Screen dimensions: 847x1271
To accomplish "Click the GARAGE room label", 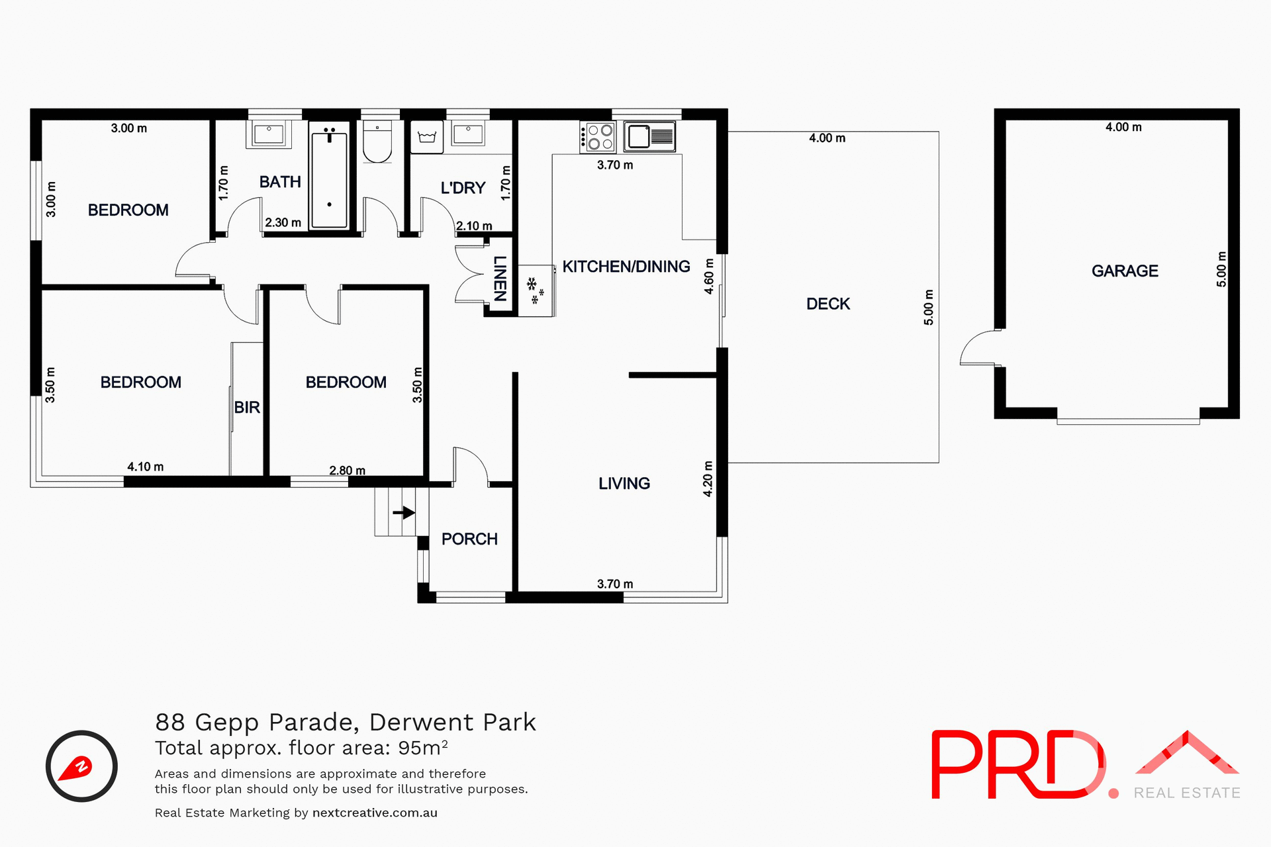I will pyautogui.click(x=1125, y=271).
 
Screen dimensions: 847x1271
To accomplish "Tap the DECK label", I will pyautogui.click(x=827, y=304).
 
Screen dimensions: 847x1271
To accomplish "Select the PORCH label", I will pyautogui.click(x=469, y=539).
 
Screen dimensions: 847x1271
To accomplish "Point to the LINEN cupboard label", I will pyautogui.click(x=500, y=279).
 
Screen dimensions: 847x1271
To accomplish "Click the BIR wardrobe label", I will pyautogui.click(x=247, y=408).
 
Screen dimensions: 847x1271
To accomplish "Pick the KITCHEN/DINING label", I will pyautogui.click(x=626, y=267).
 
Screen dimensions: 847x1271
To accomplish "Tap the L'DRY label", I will pyautogui.click(x=463, y=188).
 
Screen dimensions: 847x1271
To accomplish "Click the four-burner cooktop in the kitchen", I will pyautogui.click(x=598, y=137).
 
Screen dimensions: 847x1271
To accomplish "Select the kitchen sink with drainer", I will pyautogui.click(x=649, y=136).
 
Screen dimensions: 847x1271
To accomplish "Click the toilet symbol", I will pyautogui.click(x=377, y=142).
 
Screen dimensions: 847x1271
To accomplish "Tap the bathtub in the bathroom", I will pyautogui.click(x=329, y=175).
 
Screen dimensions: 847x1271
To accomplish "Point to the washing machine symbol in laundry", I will pyautogui.click(x=426, y=137).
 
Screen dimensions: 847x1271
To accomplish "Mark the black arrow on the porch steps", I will pyautogui.click(x=404, y=512).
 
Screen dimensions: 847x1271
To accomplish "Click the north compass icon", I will pyautogui.click(x=81, y=766).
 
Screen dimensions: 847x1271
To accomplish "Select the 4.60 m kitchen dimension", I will pyautogui.click(x=709, y=276).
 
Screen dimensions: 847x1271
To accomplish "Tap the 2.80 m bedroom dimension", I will pyautogui.click(x=347, y=470).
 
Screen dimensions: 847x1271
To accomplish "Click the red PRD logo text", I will pyautogui.click(x=1017, y=764).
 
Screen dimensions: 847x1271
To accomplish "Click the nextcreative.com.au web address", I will pyautogui.click(x=375, y=813).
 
